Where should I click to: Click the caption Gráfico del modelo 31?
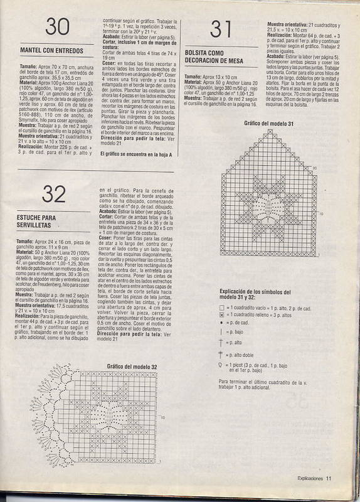(269, 124)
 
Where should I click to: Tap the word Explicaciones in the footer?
(310, 478)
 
